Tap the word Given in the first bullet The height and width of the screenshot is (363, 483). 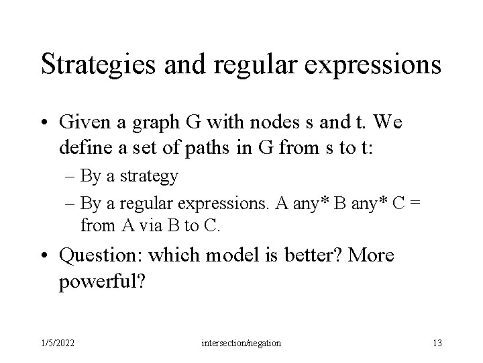click(x=83, y=123)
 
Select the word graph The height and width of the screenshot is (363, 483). click(x=146, y=124)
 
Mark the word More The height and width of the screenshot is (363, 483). click(x=371, y=256)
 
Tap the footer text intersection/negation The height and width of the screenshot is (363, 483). click(x=241, y=344)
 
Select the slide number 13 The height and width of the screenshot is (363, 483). click(x=437, y=344)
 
